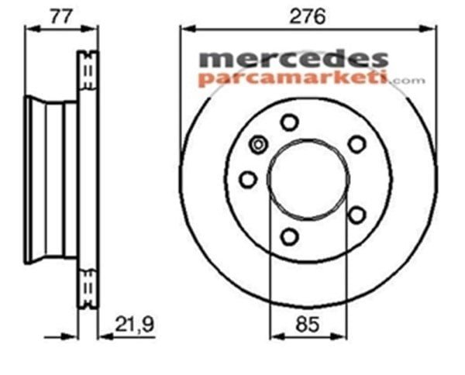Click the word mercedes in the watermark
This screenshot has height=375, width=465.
pos(294,59)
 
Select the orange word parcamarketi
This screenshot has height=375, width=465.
pos(294,77)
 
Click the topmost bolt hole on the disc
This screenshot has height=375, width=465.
pos(289,122)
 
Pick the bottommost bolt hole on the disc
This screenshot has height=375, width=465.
pos(288,236)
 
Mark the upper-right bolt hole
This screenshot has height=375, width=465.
pos(356,143)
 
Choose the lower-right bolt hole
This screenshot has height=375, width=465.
pos(356,214)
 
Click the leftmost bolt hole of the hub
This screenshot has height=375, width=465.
pos(248,180)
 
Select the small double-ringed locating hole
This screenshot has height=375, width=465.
pos(259,143)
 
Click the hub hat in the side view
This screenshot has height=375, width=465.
pos(50,180)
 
